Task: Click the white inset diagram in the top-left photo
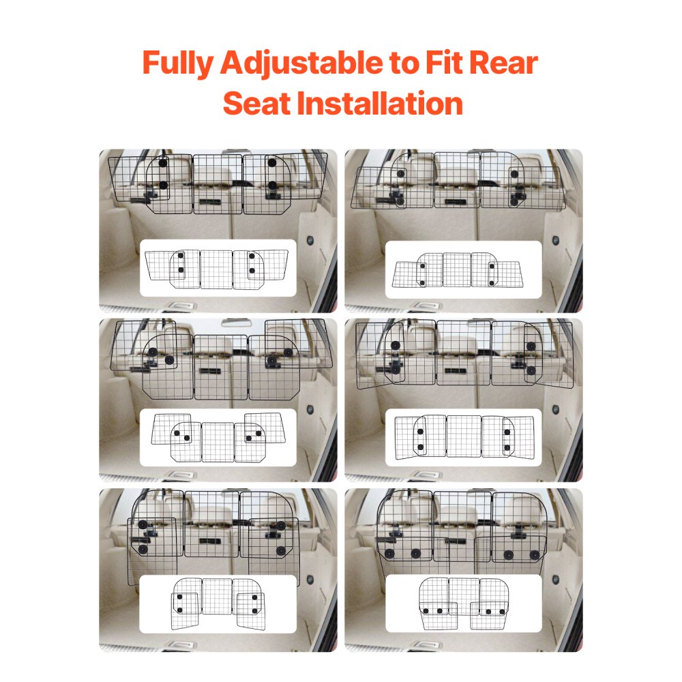click(x=218, y=268)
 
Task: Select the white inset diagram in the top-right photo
click(x=463, y=269)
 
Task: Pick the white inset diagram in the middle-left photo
click(x=218, y=437)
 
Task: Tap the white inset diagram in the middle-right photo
click(x=463, y=437)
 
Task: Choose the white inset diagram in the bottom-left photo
click(x=218, y=604)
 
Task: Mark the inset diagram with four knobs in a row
click(x=463, y=604)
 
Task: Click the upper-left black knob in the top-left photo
click(x=162, y=162)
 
